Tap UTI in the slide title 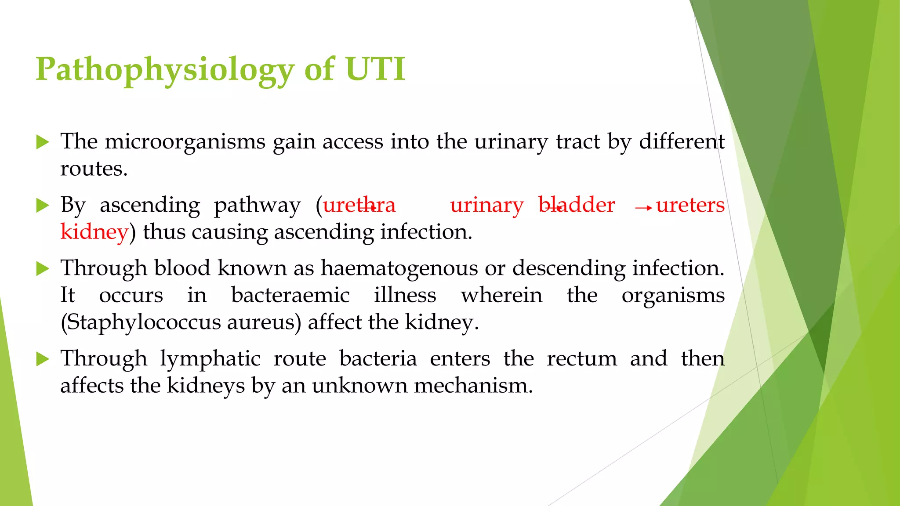(375, 69)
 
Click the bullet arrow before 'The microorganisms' (43, 142)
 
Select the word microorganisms (185, 142)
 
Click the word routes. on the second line (94, 169)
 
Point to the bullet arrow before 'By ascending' (43, 205)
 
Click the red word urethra (359, 205)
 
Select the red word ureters (690, 205)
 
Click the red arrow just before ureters (644, 208)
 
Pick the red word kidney (94, 232)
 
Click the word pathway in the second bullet (257, 205)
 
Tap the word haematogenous (399, 268)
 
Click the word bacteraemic (290, 295)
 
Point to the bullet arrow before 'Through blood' (43, 268)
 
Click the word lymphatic (210, 358)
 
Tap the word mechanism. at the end (473, 386)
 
